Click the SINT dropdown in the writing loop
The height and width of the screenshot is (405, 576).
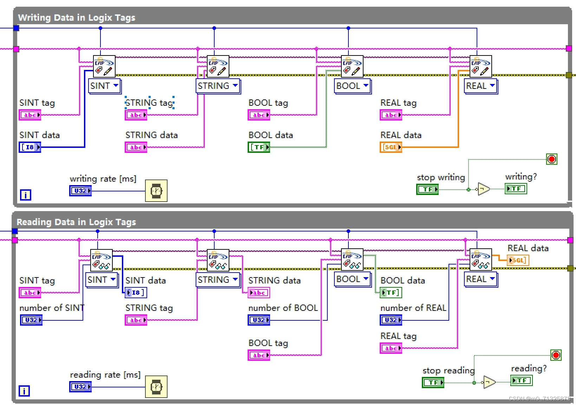105,86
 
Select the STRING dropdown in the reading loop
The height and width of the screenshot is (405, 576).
218,280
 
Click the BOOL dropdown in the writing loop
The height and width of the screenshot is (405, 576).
352,86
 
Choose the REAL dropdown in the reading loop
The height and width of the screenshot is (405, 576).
480,279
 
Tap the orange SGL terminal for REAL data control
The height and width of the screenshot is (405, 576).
391,147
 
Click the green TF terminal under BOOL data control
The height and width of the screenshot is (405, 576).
259,147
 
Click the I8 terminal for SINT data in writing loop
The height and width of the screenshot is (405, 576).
30,147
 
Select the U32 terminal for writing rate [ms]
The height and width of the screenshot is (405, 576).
80,191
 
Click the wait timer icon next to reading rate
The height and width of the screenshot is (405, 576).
156,387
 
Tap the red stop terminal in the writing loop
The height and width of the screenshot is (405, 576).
552,159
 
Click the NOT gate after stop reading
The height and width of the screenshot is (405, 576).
489,382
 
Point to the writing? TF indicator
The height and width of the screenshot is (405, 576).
516,189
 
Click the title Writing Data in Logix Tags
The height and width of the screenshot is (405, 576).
77,18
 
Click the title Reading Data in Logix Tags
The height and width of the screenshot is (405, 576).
76,222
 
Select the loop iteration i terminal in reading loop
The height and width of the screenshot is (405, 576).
24,391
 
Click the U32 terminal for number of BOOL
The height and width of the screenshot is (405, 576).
259,320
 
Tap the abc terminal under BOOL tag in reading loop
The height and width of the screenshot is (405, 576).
259,355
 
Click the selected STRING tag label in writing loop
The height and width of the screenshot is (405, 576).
150,103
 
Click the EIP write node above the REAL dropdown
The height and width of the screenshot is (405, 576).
480,66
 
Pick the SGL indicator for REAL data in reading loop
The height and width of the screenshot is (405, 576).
518,260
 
